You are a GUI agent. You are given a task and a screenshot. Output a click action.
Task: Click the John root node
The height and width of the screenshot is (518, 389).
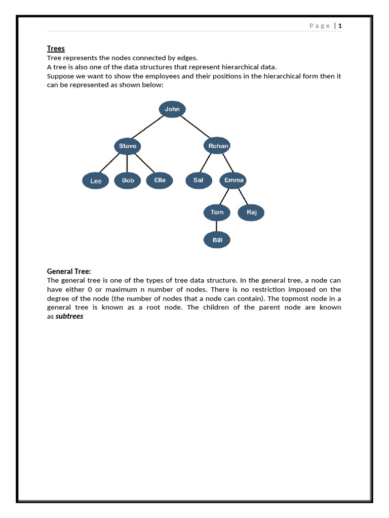[172, 109]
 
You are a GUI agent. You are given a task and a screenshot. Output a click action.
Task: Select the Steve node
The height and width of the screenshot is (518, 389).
[127, 146]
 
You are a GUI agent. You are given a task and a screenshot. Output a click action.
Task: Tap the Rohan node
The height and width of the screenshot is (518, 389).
[218, 146]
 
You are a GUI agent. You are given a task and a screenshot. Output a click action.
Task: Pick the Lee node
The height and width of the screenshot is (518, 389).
[96, 181]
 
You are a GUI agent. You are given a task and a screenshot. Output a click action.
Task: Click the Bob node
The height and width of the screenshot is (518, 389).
[128, 180]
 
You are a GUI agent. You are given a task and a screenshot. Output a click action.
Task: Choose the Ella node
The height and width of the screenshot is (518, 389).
[160, 180]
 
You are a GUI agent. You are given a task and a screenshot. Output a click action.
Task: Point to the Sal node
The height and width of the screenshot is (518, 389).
[199, 180]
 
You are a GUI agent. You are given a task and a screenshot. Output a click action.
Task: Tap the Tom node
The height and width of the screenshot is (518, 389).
[217, 212]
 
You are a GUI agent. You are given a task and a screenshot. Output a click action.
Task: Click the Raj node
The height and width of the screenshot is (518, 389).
[252, 212]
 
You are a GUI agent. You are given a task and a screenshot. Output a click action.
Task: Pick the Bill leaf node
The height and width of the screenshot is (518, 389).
[217, 240]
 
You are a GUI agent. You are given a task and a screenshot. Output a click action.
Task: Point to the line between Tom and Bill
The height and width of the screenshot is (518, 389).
[217, 226]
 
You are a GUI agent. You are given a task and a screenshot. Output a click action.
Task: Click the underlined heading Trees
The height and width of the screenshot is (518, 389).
[56, 49]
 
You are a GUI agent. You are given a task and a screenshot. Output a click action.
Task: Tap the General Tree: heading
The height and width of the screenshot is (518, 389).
[69, 271]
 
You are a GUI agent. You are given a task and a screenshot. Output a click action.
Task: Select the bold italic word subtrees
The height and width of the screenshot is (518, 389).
[69, 316]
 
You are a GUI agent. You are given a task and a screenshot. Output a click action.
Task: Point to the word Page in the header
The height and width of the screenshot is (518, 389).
[320, 26]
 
